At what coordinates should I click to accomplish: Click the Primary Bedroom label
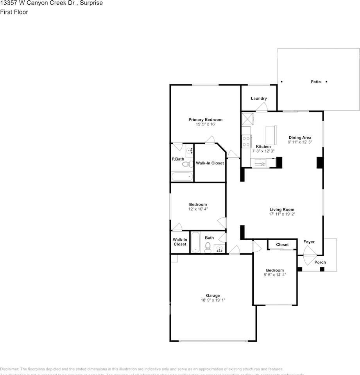click(x=205, y=120)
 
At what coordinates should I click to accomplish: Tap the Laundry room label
click(x=259, y=98)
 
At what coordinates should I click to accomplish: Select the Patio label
click(x=316, y=82)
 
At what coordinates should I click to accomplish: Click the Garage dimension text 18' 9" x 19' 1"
click(x=213, y=300)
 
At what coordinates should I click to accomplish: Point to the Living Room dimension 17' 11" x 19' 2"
click(x=281, y=214)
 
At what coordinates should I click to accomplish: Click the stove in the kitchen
click(x=246, y=141)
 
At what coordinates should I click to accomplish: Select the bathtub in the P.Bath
click(x=182, y=177)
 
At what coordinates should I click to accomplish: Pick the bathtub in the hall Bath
click(x=195, y=243)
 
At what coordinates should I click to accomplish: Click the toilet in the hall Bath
click(x=208, y=246)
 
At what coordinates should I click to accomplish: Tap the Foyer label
click(x=309, y=242)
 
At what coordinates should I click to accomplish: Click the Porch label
click(x=320, y=262)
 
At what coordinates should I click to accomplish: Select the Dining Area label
click(x=300, y=137)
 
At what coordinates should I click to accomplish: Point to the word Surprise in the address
click(x=91, y=3)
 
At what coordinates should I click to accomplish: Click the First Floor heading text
click(x=14, y=12)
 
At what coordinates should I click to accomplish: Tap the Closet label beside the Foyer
click(x=282, y=245)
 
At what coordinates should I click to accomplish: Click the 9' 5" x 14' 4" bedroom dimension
click(x=275, y=275)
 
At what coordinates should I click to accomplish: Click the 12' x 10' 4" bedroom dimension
click(x=198, y=209)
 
